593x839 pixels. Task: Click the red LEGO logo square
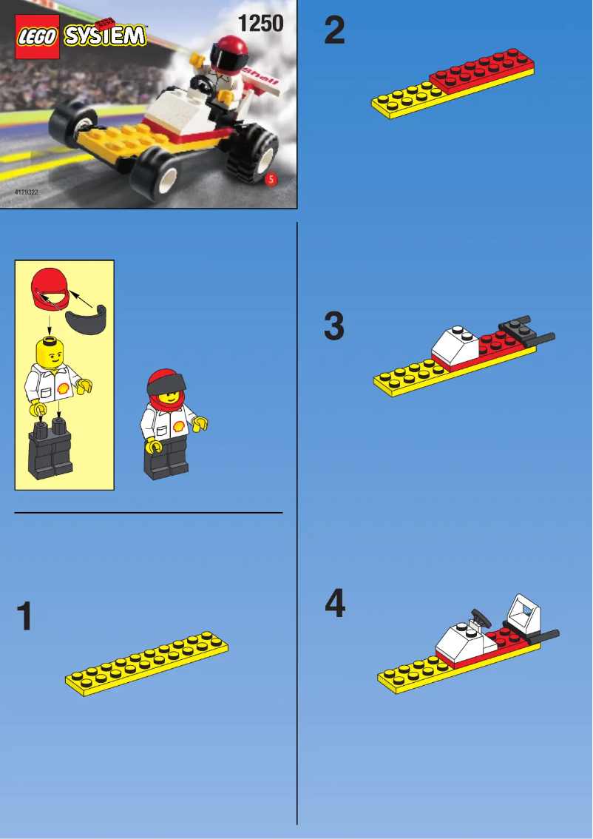37,36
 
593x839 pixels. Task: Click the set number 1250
260,24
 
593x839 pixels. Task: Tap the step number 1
25,616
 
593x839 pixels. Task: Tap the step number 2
334,31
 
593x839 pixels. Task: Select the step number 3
334,326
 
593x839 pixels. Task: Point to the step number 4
335,604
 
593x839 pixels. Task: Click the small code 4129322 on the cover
27,192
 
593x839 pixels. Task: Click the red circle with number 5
271,180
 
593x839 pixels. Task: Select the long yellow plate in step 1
147,664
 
